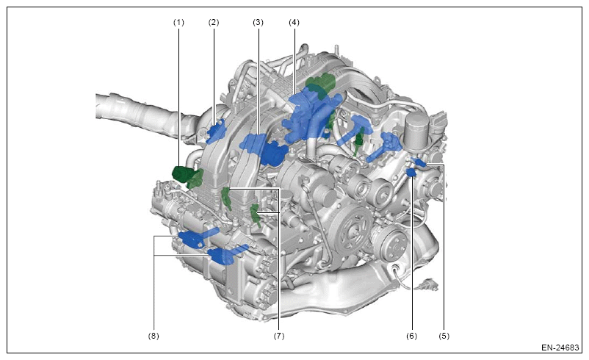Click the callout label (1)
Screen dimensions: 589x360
(x=178, y=23)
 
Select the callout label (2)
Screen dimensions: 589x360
(x=214, y=23)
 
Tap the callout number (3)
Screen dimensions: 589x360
(x=258, y=23)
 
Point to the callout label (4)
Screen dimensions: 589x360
(x=294, y=23)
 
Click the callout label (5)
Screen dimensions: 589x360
(x=444, y=336)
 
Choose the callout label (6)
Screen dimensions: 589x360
(x=412, y=336)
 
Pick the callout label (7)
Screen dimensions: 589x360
(x=279, y=336)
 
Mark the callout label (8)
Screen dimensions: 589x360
(x=153, y=336)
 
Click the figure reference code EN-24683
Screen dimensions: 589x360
(x=560, y=348)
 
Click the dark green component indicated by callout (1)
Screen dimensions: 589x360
(x=187, y=176)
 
